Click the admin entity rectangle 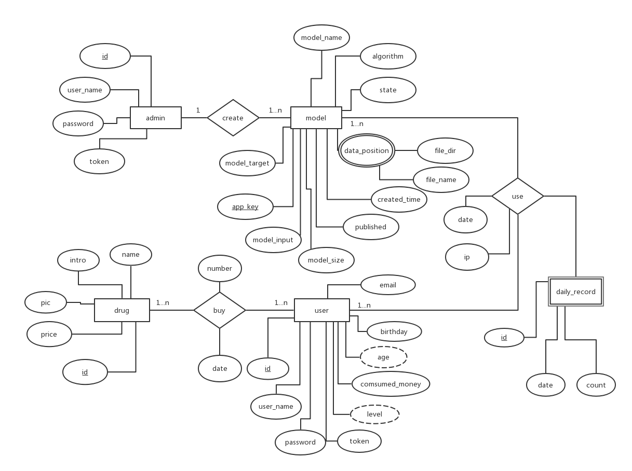tap(155, 118)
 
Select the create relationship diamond tap(233, 118)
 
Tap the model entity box tap(316, 118)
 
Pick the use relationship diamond tap(517, 196)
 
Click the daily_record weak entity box tap(575, 292)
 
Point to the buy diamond tap(219, 310)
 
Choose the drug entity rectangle tap(122, 310)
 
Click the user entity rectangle tap(321, 310)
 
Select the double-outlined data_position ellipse tap(366, 150)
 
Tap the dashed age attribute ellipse tap(383, 357)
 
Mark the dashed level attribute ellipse tap(374, 414)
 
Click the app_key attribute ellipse tap(245, 206)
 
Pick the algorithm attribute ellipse tap(388, 56)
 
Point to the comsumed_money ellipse tap(391, 384)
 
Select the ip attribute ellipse tap(467, 257)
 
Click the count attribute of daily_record tap(596, 385)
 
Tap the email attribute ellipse tap(388, 285)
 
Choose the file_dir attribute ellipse tap(445, 151)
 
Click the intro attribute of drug tap(78, 260)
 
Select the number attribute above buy tap(219, 268)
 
